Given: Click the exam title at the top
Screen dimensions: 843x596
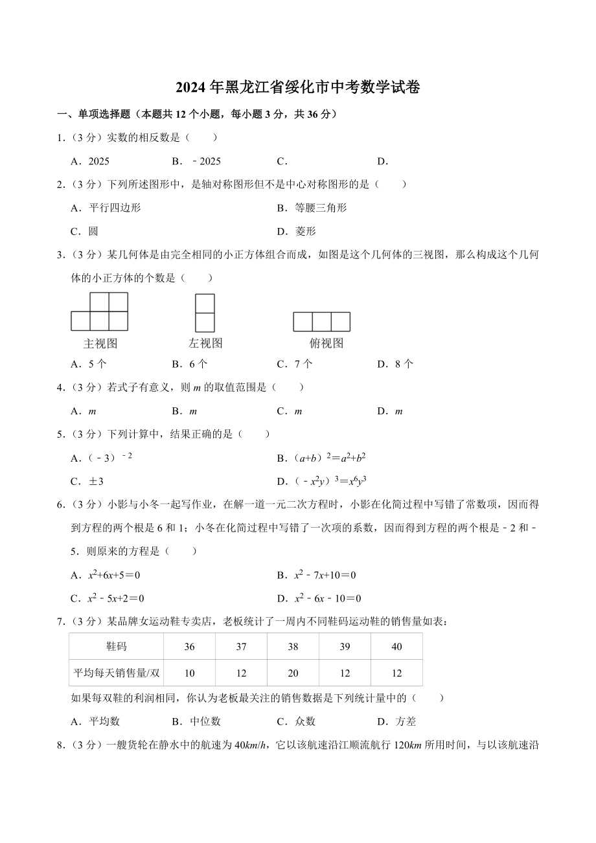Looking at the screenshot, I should pos(297,88).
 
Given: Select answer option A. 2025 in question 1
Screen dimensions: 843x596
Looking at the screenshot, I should pos(90,161).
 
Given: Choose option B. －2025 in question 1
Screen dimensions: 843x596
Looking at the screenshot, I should pos(197,161).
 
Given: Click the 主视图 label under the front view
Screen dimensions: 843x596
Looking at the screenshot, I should pos(100,343).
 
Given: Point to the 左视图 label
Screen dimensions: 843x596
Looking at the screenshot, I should pos(205,343).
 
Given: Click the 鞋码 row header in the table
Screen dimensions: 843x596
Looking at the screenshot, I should pos(117,647).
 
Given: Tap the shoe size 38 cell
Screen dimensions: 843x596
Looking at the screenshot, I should pos(293,647).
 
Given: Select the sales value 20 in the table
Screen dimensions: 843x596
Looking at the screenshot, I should pos(293,673).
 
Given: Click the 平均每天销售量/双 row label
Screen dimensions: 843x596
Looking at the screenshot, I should pos(117,673).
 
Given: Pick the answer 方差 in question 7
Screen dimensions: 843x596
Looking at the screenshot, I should pos(397,721).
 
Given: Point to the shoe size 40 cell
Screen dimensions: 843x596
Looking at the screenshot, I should pos(396,647).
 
